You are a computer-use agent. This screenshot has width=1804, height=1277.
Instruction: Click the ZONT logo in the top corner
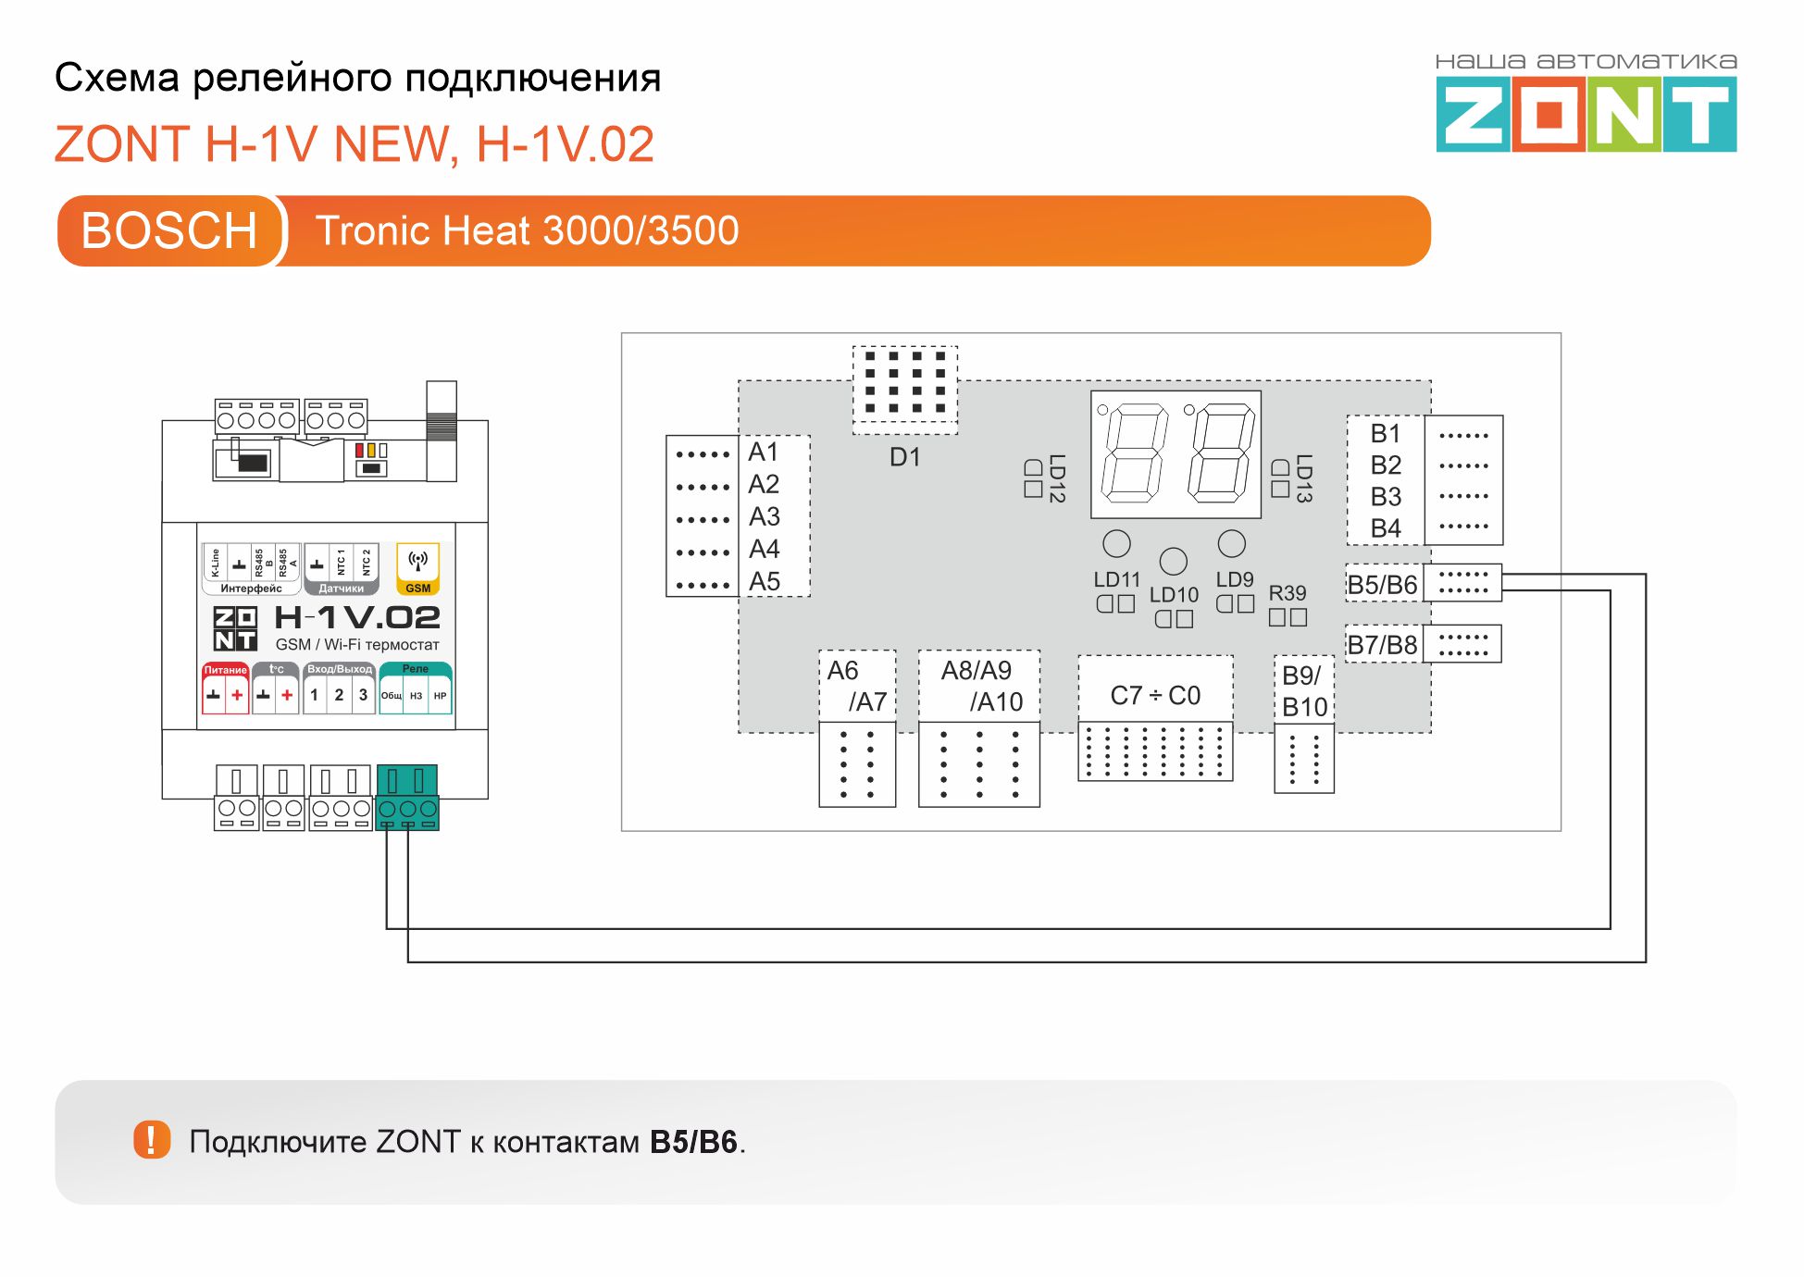tap(1586, 113)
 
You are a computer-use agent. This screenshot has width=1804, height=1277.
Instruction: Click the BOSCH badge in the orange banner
tap(169, 230)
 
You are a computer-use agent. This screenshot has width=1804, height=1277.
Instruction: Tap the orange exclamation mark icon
tap(152, 1140)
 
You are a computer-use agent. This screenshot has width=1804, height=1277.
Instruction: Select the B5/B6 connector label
tap(1382, 585)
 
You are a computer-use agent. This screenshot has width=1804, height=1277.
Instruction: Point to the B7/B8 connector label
tap(1382, 645)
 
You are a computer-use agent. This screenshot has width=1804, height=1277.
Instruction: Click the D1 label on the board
tap(904, 457)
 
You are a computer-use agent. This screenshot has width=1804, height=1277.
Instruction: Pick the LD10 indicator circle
tap(1173, 561)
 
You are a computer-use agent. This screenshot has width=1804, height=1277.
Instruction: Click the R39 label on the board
tap(1287, 593)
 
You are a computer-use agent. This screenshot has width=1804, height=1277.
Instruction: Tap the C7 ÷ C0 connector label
tap(1155, 696)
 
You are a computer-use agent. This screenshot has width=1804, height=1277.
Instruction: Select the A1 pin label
tap(764, 452)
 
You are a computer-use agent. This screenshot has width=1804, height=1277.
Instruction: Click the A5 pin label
tap(765, 582)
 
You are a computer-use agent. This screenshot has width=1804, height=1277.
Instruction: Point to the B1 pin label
tap(1386, 433)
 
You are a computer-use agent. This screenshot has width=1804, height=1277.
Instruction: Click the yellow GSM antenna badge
tap(417, 567)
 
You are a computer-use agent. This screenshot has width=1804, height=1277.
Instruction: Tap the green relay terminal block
tap(407, 797)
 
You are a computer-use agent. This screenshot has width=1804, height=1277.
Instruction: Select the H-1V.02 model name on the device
tap(357, 618)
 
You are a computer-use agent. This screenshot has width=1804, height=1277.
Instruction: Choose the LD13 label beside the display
tap(1304, 478)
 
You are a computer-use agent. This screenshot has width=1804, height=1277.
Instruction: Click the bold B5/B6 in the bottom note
tap(693, 1142)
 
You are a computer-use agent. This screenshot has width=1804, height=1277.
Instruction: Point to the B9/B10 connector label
tap(1304, 691)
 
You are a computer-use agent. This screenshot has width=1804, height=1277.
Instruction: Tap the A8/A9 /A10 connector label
tap(979, 686)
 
